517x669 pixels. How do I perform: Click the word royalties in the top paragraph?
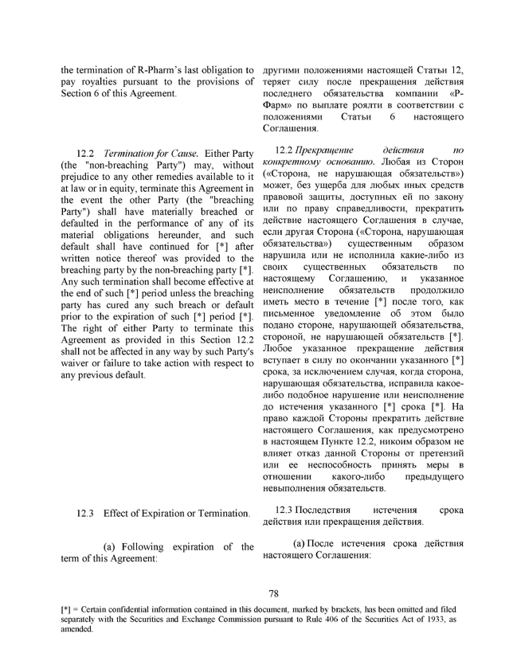click(97, 84)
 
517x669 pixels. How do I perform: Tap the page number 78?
click(273, 593)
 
